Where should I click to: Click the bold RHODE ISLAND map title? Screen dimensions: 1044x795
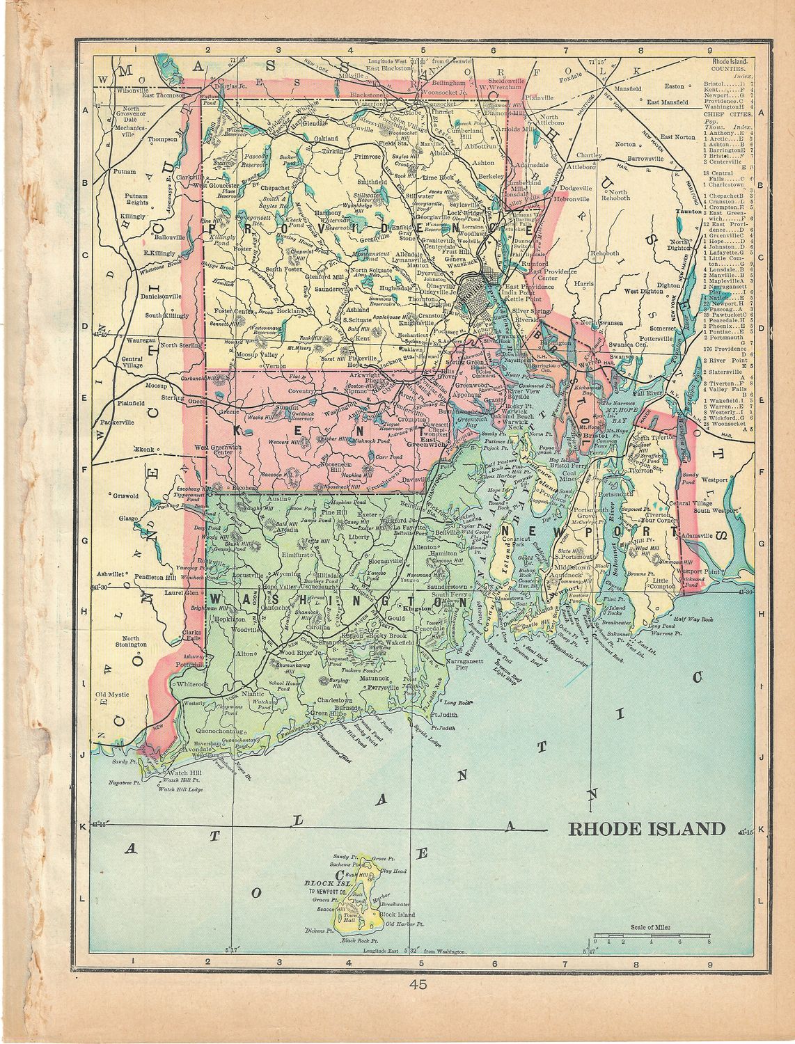point(647,828)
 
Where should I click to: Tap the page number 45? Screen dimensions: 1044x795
point(418,984)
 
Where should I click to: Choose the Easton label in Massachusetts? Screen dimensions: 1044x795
point(675,86)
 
